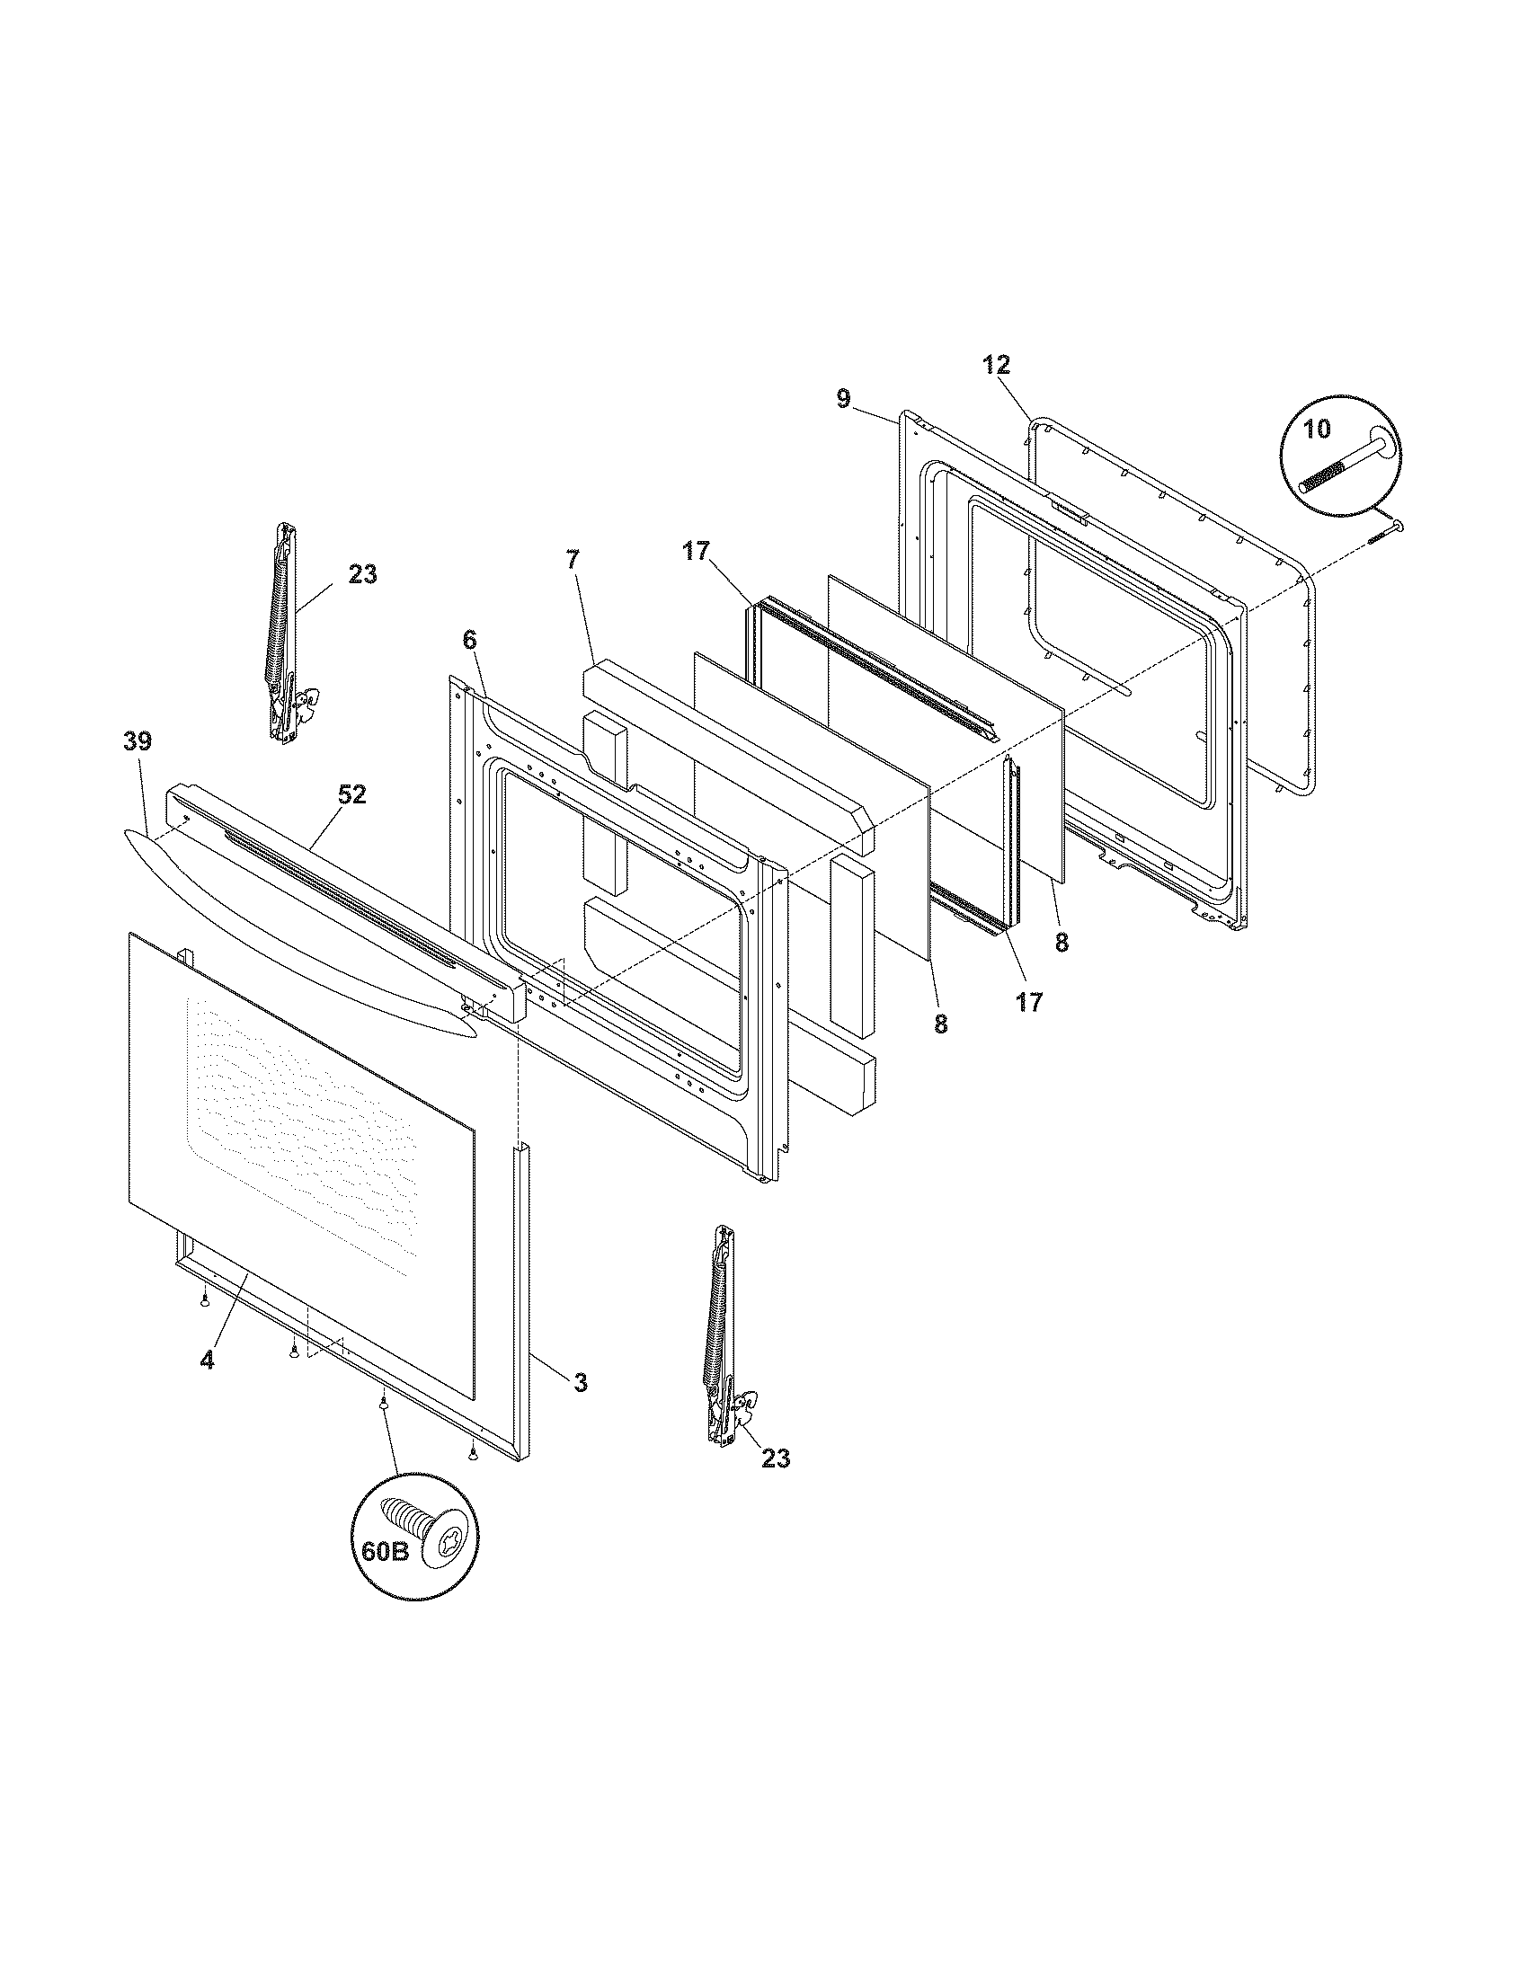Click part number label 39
pos(138,742)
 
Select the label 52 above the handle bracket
pos(352,794)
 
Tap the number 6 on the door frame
pos(468,640)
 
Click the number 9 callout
pos(843,399)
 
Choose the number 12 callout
pos(996,366)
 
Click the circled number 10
pos(1318,429)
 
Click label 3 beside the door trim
pos(581,1407)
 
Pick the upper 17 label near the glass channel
pos(697,551)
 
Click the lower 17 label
pos(1029,1002)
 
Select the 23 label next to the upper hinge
pos(362,575)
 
